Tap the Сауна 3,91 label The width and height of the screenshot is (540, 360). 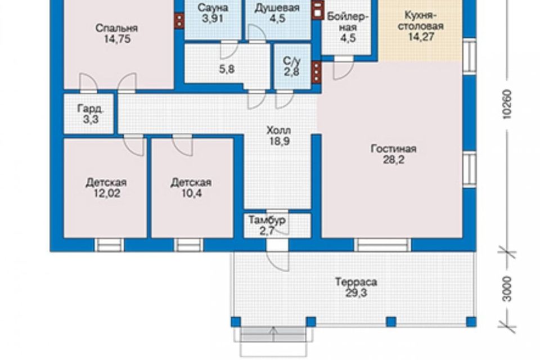tap(213, 13)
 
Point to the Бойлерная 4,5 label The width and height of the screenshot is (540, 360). tap(348, 27)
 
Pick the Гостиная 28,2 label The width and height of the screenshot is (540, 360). tap(394, 154)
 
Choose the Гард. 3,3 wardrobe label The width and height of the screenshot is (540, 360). tap(90, 114)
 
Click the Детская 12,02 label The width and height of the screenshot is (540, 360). tap(106, 187)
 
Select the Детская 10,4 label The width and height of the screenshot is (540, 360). tap(191, 187)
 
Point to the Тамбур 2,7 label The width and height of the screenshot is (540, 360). tap(267, 226)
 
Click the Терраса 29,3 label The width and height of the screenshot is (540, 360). tap(356, 287)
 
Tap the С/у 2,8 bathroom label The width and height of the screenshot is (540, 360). tap(292, 66)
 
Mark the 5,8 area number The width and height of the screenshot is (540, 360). tap(227, 69)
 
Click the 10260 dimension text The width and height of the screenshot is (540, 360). tap(507, 104)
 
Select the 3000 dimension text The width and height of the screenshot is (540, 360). tap(507, 289)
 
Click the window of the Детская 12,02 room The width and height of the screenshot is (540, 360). tap(109, 245)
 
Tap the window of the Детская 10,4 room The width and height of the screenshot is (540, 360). tap(188, 245)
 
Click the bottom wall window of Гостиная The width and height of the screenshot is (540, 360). tap(382, 245)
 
